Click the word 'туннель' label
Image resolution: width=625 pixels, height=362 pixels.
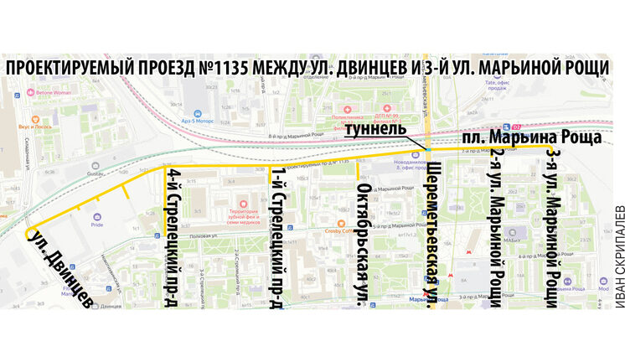click(379, 130)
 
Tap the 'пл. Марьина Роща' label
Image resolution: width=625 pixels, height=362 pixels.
click(531, 137)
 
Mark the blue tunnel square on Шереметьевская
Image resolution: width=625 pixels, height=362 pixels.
click(429, 148)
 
